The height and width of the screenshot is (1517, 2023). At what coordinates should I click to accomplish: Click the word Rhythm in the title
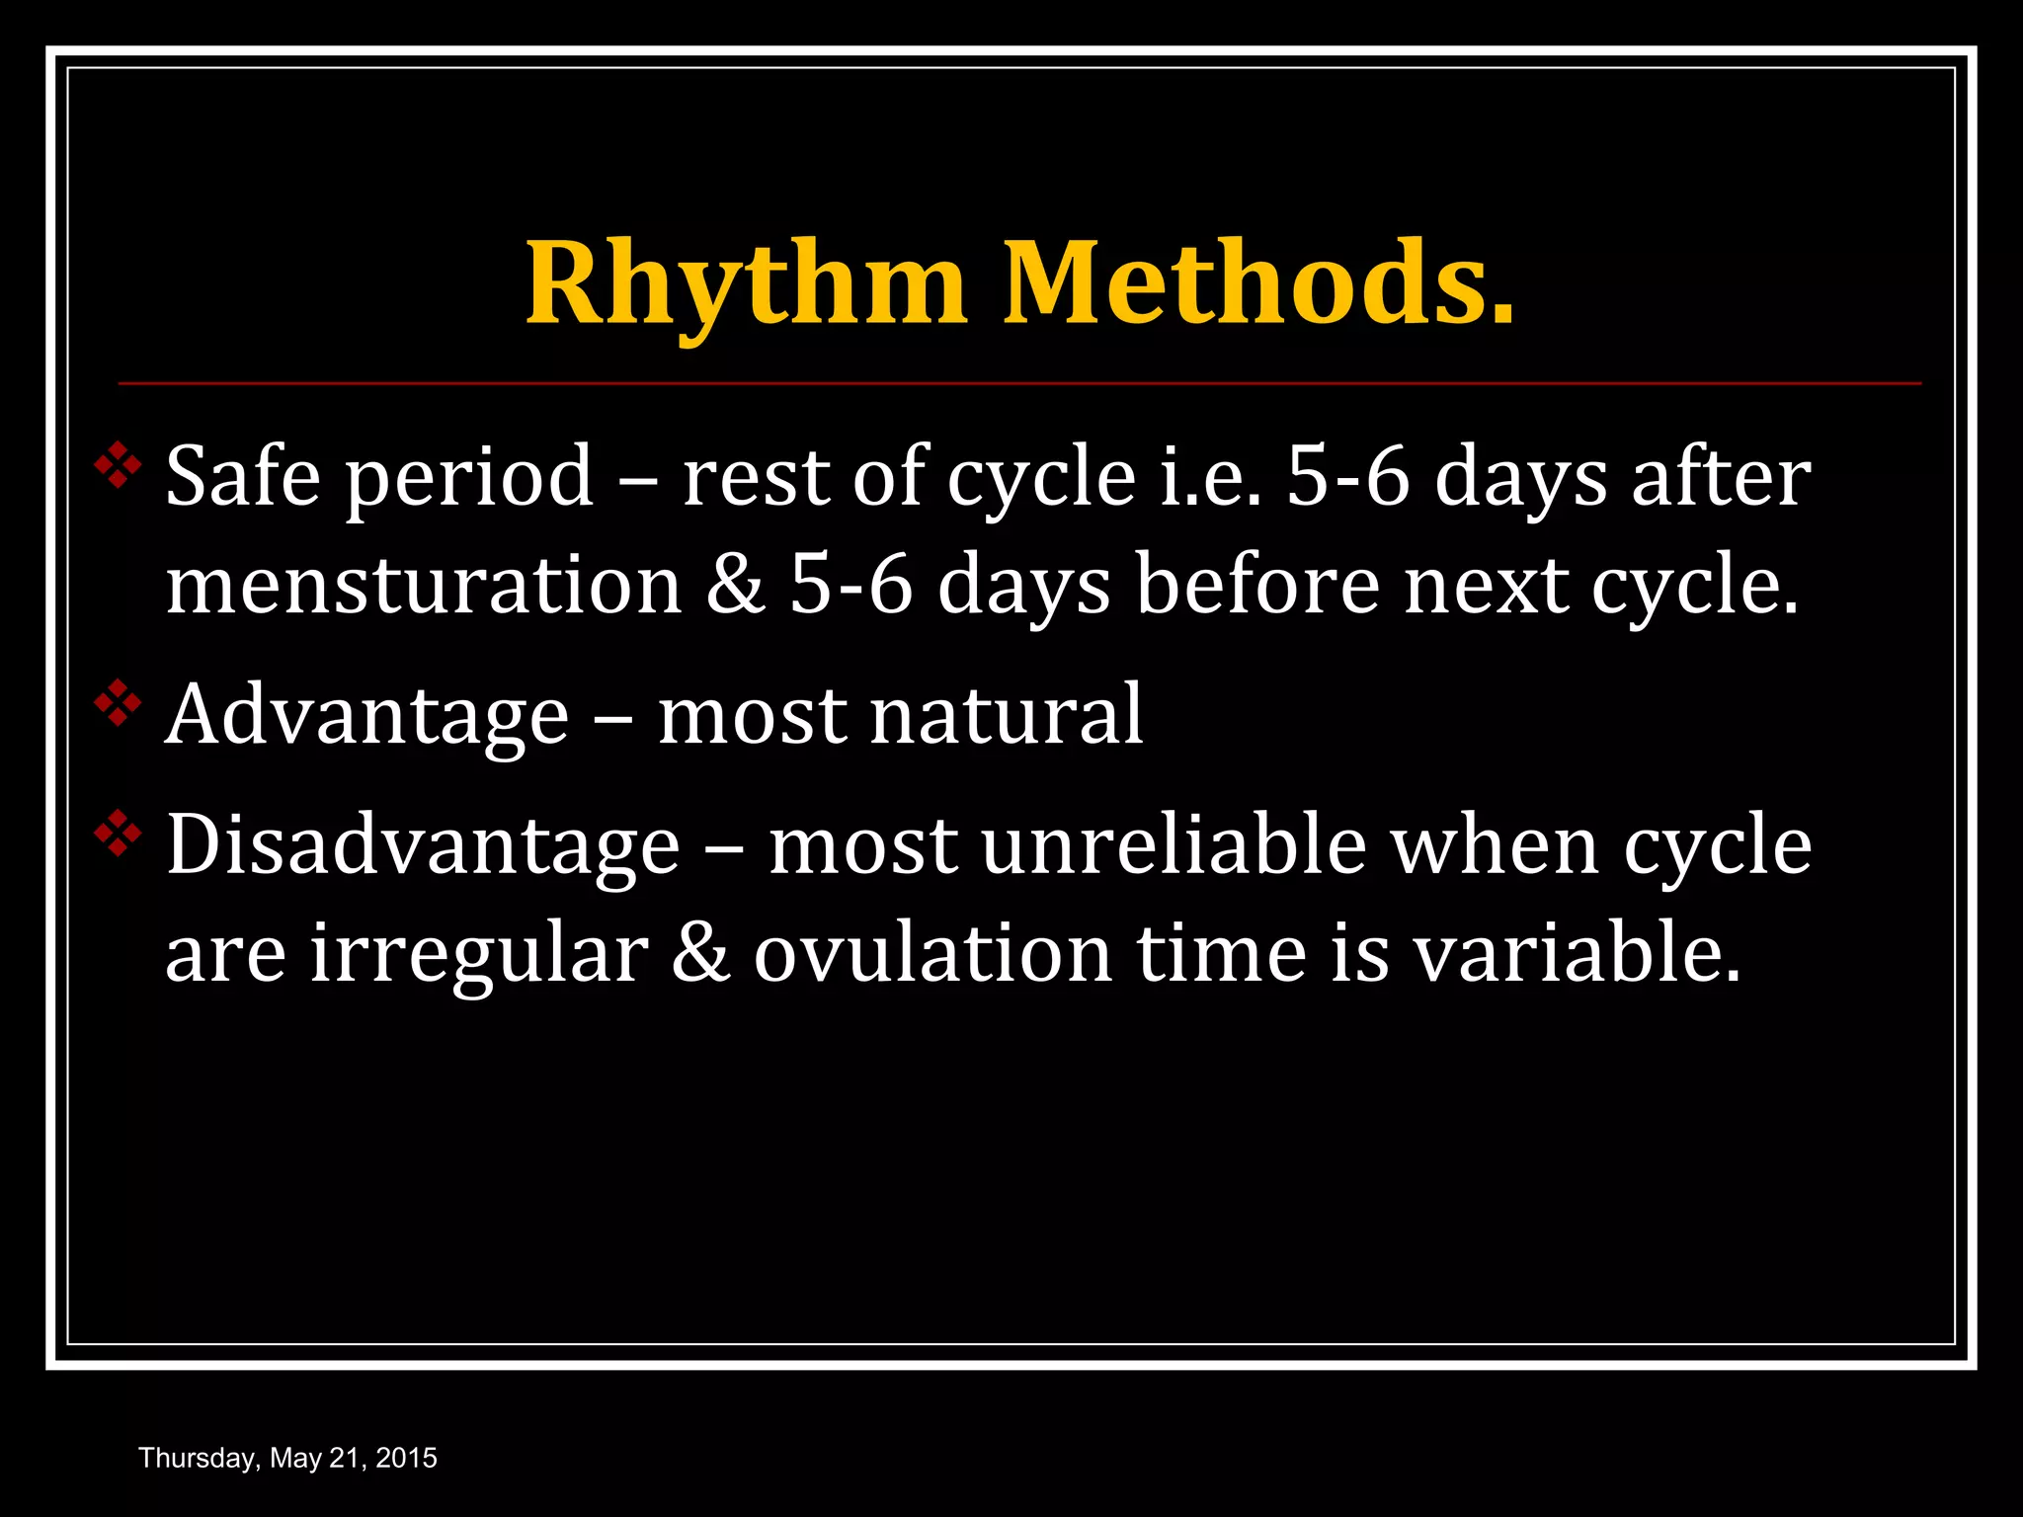point(746,286)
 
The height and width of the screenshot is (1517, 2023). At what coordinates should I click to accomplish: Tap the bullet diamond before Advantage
point(118,703)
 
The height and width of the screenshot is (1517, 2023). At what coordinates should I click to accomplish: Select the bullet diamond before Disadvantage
point(118,834)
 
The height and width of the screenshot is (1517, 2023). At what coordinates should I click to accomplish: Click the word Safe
point(242,477)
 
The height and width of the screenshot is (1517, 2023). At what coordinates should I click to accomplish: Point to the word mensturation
point(423,586)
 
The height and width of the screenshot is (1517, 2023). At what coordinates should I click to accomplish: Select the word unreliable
point(1173,846)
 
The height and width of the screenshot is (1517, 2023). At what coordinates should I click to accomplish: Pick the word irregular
point(478,955)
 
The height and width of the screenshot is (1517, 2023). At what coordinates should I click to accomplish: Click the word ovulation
point(932,955)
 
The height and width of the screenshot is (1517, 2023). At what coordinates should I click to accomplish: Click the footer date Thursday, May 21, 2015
point(287,1458)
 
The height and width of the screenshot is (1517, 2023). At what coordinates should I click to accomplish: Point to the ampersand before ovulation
point(700,955)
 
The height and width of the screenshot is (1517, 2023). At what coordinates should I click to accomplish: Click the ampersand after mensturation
point(736,586)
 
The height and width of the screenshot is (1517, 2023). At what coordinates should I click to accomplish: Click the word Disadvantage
point(423,846)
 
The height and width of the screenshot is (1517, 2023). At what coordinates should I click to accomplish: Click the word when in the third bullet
point(1495,846)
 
